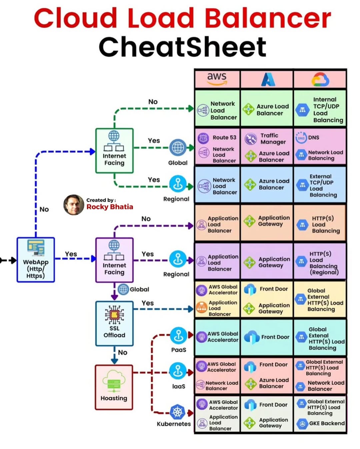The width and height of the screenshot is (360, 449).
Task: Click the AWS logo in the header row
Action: [217, 79]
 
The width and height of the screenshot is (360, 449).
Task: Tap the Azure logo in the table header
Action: [268, 79]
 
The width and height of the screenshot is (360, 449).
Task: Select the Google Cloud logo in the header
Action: [320, 79]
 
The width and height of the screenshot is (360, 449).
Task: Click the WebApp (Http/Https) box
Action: [36, 260]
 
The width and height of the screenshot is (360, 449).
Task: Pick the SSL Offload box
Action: [114, 323]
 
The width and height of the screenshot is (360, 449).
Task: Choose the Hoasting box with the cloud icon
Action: [114, 387]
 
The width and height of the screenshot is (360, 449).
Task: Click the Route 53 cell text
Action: [224, 137]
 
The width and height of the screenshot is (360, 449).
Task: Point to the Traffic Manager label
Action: [273, 138]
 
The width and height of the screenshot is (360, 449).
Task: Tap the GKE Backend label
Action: [327, 423]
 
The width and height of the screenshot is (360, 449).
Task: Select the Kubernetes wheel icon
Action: [178, 412]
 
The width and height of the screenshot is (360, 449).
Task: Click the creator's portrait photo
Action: [74, 205]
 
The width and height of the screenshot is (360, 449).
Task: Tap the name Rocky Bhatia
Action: [110, 207]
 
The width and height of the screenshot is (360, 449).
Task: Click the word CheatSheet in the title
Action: [182, 47]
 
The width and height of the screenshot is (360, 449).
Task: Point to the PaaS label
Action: [179, 350]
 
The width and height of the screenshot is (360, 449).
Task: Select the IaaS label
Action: [179, 386]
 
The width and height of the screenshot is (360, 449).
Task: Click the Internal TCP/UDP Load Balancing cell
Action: [320, 109]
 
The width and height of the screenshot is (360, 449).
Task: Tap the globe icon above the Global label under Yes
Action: [178, 147]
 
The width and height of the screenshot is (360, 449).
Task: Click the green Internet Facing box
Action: [114, 150]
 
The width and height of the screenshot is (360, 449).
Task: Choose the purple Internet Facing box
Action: [114, 260]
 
